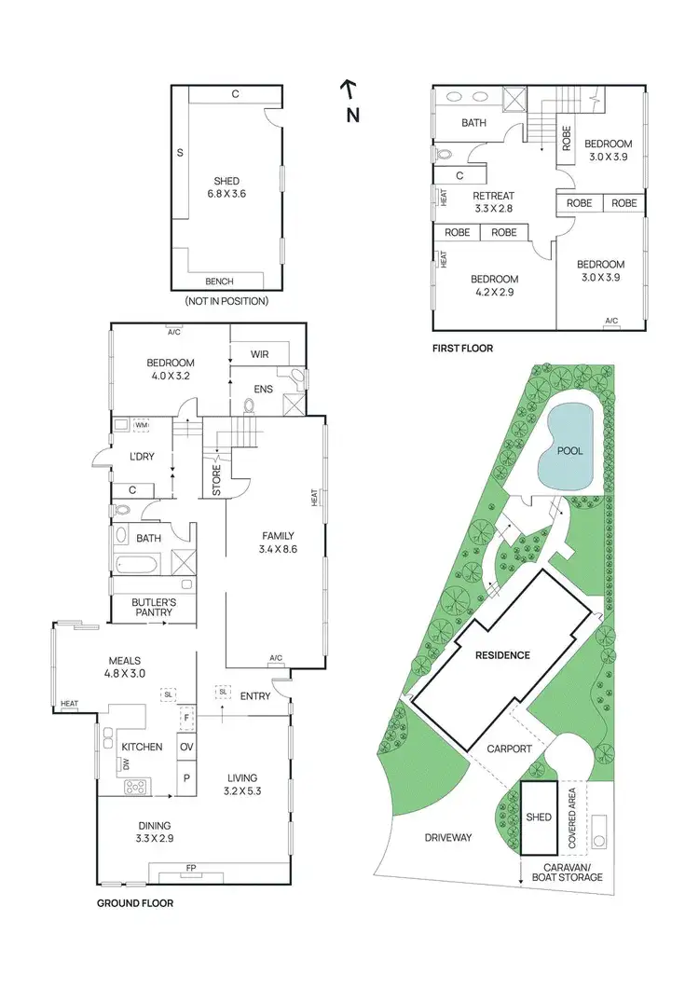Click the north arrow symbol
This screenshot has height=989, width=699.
(x=349, y=90)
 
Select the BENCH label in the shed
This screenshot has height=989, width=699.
(x=219, y=282)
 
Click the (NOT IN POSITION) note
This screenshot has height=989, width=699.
(x=226, y=301)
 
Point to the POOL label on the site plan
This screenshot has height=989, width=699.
(x=569, y=450)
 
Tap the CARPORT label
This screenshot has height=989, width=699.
(x=509, y=749)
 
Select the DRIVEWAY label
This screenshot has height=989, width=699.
(x=448, y=837)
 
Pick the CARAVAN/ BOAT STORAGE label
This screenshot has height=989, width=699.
(x=567, y=872)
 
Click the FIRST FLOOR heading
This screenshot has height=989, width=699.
(x=462, y=348)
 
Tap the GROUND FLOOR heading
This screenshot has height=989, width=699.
(x=135, y=903)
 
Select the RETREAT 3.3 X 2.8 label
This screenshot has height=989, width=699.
(x=493, y=202)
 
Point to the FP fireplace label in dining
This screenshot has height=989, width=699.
(x=190, y=867)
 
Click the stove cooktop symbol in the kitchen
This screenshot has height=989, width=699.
(x=137, y=787)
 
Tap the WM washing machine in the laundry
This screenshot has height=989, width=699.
(x=142, y=425)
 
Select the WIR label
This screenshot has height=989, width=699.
(x=260, y=355)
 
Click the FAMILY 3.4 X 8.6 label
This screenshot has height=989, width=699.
(x=278, y=543)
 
